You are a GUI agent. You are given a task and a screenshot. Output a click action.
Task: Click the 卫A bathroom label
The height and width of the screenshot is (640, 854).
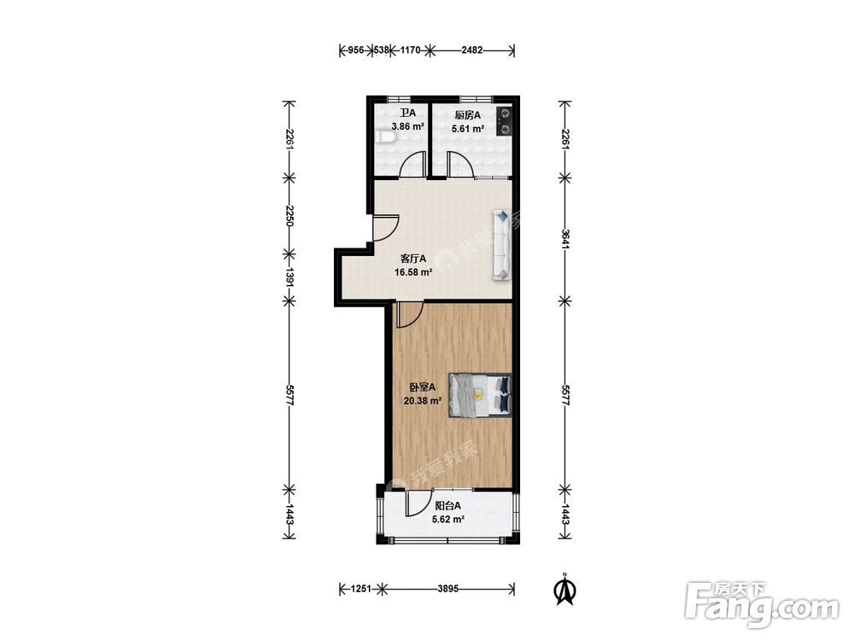click(407, 113)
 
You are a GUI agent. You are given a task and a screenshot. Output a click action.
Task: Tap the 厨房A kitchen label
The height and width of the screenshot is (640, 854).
click(468, 115)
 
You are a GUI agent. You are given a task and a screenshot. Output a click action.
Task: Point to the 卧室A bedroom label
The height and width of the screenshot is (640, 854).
click(423, 387)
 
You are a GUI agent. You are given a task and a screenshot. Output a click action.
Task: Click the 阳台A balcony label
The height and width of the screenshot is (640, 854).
click(447, 505)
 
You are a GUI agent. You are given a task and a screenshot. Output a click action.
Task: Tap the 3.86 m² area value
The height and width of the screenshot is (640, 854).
click(407, 127)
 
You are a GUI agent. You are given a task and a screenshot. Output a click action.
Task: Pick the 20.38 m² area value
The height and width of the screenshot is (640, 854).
click(422, 401)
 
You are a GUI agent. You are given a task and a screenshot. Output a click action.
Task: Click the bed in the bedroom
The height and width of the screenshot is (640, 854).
click(480, 396)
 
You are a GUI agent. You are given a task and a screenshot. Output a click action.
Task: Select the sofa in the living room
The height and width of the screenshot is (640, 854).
click(501, 245)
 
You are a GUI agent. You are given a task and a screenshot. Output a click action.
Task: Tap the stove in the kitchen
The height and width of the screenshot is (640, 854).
click(505, 121)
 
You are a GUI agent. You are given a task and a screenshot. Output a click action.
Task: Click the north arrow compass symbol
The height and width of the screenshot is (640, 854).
click(566, 590)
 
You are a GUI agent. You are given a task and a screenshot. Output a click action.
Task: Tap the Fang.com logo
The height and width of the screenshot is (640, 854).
click(762, 605)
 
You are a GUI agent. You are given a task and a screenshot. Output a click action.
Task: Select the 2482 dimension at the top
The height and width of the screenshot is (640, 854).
click(471, 50)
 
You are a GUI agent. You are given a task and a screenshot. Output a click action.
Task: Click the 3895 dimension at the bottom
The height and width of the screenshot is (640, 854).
click(448, 588)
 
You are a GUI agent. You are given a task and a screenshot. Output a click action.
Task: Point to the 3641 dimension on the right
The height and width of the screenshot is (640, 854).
click(564, 239)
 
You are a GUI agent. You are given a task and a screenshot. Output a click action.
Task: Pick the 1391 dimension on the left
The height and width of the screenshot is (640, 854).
click(289, 277)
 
